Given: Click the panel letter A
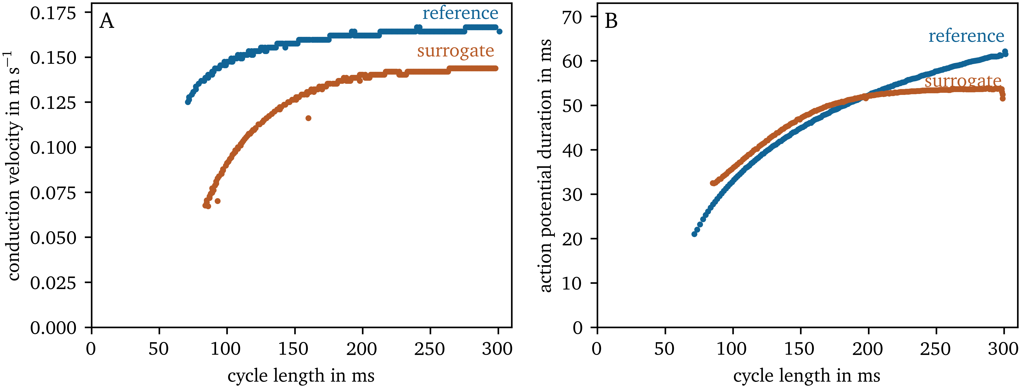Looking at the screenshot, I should click(107, 21).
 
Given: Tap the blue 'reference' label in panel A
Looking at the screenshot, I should click(460, 13).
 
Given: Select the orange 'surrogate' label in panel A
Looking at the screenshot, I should click(455, 51).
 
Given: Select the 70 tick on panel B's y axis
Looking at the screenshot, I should click(572, 17).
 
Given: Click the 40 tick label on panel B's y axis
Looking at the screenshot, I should click(572, 150).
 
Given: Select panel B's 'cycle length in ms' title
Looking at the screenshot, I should click(807, 375).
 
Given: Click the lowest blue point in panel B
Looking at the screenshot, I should click(694, 234).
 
